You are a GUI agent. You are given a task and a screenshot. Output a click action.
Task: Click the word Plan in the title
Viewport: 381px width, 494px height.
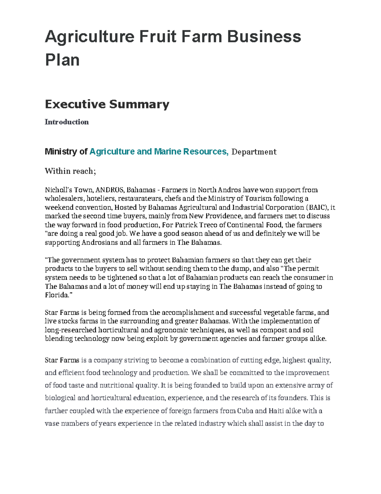(62, 60)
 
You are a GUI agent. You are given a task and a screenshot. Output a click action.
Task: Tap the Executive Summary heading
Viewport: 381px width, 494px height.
(107, 104)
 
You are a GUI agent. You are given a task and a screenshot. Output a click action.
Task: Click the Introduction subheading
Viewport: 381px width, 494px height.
(67, 122)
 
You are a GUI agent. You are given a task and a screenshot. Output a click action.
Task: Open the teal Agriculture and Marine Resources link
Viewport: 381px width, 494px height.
(159, 151)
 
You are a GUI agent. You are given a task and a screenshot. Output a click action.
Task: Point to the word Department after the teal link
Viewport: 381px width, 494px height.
(254, 152)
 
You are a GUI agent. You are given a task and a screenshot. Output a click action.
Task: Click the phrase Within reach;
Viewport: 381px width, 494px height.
(70, 171)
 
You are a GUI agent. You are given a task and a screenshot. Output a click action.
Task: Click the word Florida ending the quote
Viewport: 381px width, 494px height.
(56, 295)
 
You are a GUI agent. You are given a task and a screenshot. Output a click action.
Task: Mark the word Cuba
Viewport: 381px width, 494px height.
(245, 411)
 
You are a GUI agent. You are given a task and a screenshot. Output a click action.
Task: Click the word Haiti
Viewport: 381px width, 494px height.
(276, 411)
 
